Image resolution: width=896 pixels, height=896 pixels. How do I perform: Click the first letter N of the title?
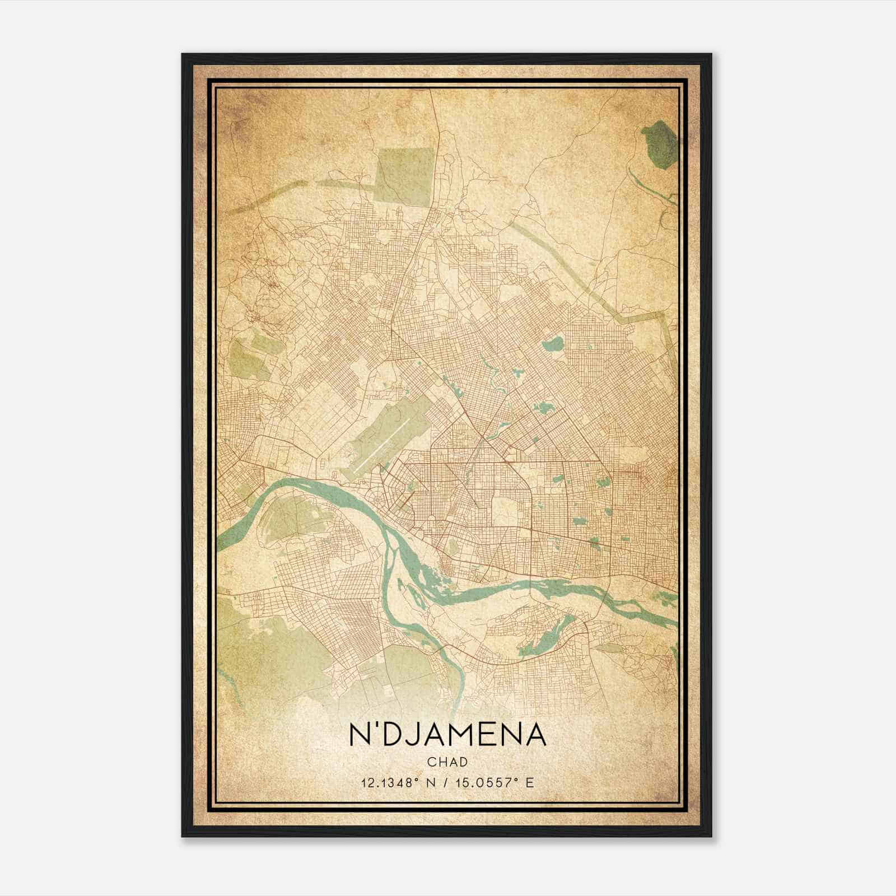coord(360,735)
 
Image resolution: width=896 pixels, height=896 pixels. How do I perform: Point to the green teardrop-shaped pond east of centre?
coord(553,341)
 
